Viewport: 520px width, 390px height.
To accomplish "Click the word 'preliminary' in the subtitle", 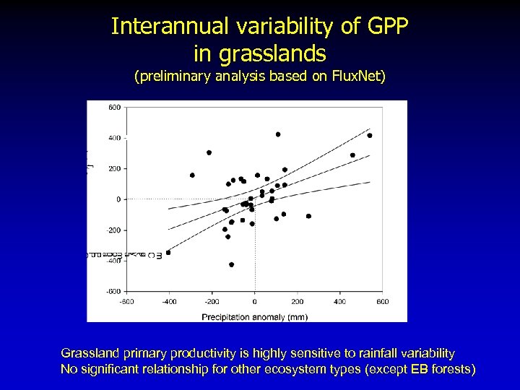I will point(175,77).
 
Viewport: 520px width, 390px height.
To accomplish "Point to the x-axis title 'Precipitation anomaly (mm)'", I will point(254,316).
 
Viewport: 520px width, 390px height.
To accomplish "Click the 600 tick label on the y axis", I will point(115,108).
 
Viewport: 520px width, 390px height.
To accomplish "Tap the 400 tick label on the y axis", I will point(115,138).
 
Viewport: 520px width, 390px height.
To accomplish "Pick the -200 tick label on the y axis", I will point(113,230).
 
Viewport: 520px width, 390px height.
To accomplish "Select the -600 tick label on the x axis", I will point(126,301).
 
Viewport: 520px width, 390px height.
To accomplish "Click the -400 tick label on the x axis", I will point(169,301).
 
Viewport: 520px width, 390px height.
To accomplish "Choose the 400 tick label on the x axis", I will point(339,301).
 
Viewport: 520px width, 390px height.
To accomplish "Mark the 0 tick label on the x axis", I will point(254,301).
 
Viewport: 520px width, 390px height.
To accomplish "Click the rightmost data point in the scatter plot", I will point(370,135).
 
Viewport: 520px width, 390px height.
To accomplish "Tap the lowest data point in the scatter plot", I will point(231,265).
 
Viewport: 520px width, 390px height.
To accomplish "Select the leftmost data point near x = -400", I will point(168,252).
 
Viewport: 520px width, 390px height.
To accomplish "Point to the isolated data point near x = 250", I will point(308,216).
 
